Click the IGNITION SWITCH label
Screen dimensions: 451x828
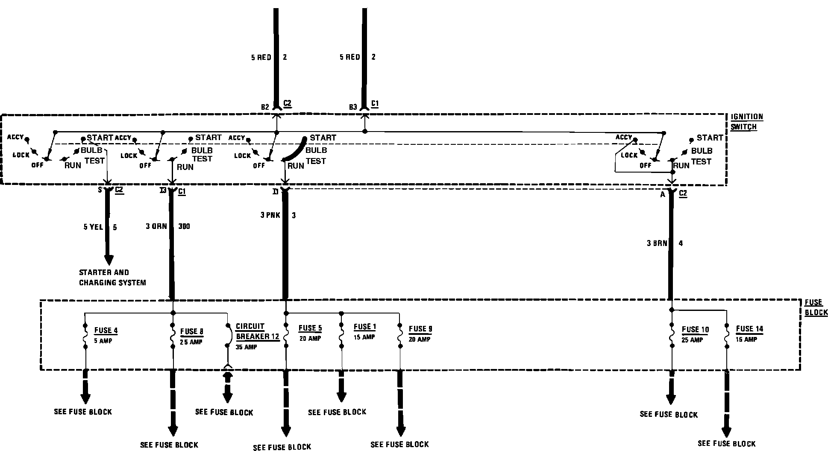click(x=746, y=122)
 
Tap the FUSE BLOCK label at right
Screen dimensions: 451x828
click(x=816, y=307)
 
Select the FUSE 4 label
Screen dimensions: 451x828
click(x=106, y=331)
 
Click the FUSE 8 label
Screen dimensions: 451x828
click(x=191, y=331)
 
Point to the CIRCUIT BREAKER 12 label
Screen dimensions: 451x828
click(x=257, y=331)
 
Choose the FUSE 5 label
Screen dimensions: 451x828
click(x=310, y=328)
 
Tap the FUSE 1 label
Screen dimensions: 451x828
click(x=364, y=327)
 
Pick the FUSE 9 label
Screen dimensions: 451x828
click(x=420, y=329)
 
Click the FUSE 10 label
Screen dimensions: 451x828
click(x=695, y=330)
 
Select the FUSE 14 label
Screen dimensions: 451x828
click(x=749, y=329)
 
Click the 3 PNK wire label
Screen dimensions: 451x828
click(x=270, y=215)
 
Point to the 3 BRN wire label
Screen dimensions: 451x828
click(x=657, y=243)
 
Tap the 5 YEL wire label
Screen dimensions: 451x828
click(x=93, y=227)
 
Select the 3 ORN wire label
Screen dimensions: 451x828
click(x=156, y=226)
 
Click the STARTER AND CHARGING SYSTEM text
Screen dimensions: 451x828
click(x=112, y=278)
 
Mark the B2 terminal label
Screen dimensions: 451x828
click(x=265, y=107)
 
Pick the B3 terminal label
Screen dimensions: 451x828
click(x=353, y=107)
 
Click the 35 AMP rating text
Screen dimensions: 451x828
click(x=246, y=347)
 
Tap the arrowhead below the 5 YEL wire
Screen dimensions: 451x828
click(x=109, y=260)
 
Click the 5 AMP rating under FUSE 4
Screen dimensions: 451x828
click(x=103, y=341)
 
